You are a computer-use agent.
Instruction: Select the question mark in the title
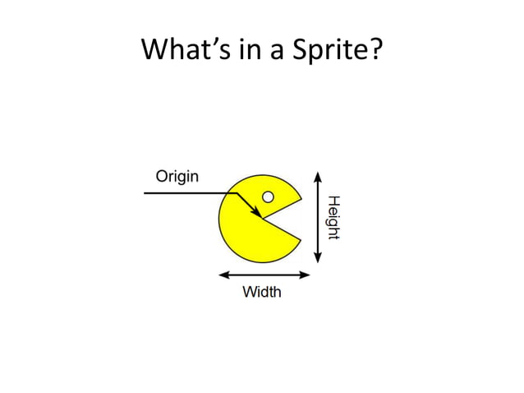click(x=375, y=51)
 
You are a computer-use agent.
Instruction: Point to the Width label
click(x=261, y=292)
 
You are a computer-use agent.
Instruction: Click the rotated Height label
click(x=333, y=218)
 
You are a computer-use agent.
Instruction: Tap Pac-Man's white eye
click(x=268, y=196)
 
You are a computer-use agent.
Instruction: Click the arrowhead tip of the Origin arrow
click(x=260, y=218)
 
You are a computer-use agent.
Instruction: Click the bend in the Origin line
click(x=236, y=193)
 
